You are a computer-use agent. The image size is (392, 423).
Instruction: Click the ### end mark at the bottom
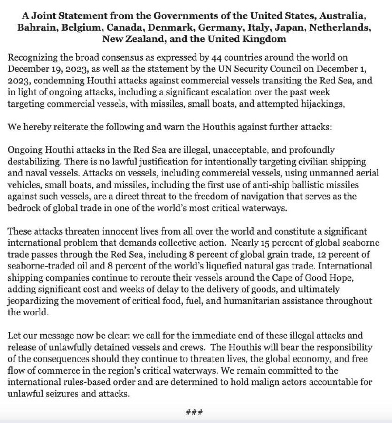click(196, 412)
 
